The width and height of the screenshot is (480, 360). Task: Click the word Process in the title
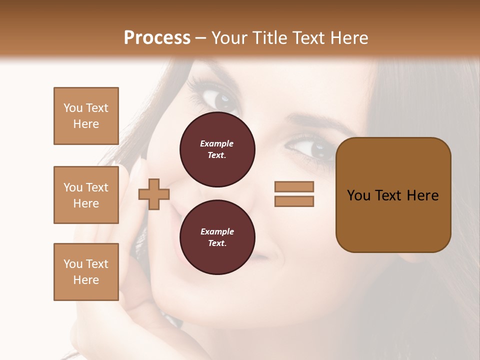coord(157,38)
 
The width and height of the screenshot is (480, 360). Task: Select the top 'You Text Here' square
coord(86,116)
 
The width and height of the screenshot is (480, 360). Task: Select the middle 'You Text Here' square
coord(86,195)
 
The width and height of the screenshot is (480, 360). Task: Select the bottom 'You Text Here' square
coord(86,272)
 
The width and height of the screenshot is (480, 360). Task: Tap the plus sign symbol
coord(153,194)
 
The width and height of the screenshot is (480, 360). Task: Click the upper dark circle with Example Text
coord(217,149)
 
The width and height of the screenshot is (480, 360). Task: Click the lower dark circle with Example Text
coord(217,237)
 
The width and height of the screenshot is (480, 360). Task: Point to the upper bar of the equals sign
coord(294,186)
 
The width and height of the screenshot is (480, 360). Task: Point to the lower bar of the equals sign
coord(294,201)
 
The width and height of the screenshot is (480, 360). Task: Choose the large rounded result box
coord(393,195)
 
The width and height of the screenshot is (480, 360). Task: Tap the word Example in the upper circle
coord(217,143)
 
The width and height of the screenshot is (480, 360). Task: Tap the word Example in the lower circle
coord(217,231)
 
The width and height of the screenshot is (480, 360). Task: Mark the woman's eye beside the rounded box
coord(314,148)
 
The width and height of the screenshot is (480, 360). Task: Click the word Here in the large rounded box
coord(422,195)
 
